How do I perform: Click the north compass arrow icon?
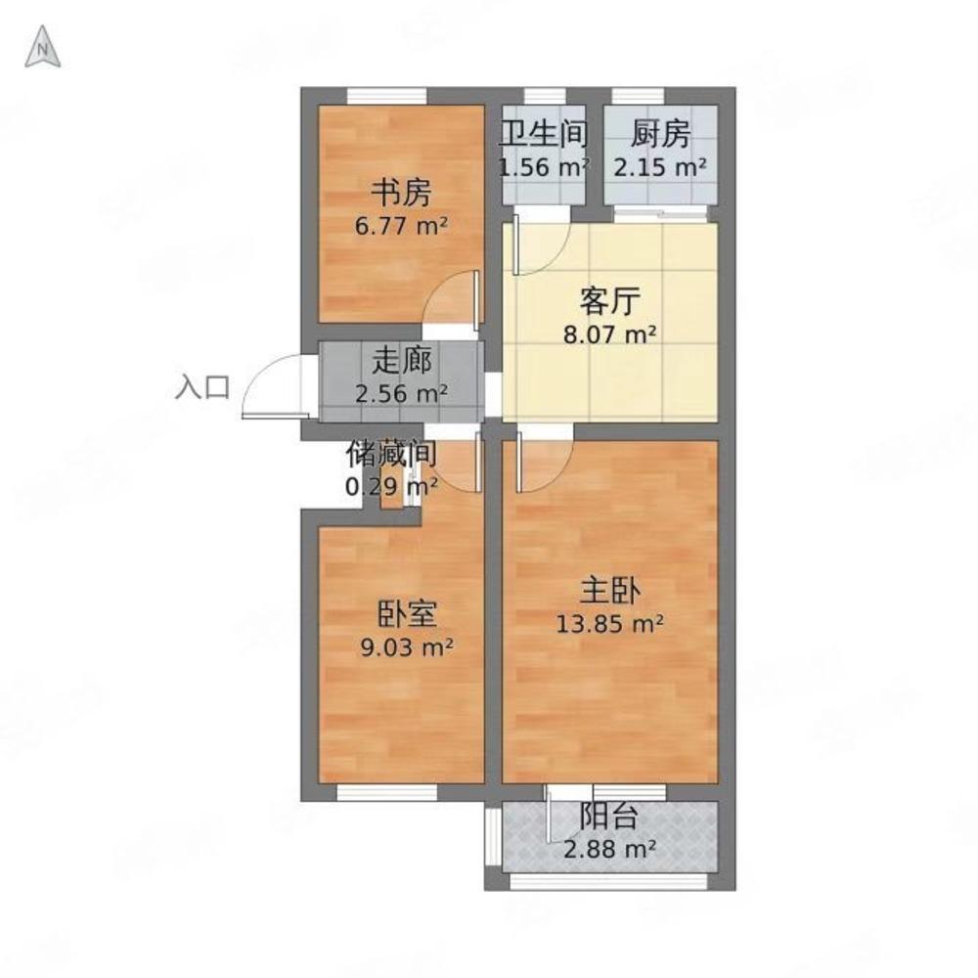[x=42, y=47]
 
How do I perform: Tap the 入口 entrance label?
[x=202, y=386]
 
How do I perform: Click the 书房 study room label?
[x=401, y=193]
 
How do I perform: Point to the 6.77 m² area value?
[x=401, y=226]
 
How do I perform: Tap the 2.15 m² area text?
[x=660, y=167]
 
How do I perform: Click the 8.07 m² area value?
[x=609, y=335]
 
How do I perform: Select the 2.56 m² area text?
[x=401, y=393]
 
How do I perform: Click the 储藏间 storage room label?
[x=391, y=453]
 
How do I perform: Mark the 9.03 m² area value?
[x=407, y=648]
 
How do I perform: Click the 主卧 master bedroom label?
[x=609, y=590]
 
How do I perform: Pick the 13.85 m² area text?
[x=609, y=623]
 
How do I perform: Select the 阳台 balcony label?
[x=609, y=816]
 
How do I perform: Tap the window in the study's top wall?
[x=386, y=96]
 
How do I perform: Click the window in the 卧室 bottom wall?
[x=386, y=792]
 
